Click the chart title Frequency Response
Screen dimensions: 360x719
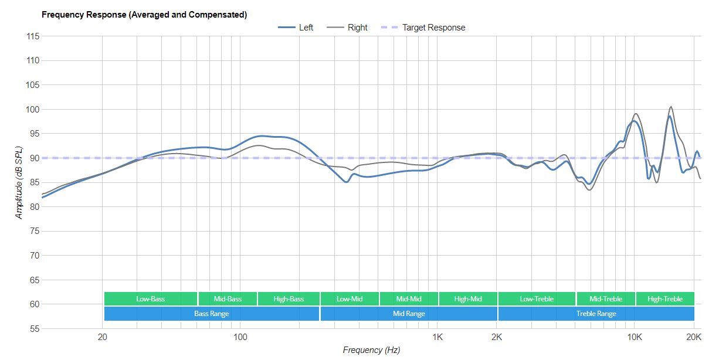pyautogui.click(x=144, y=15)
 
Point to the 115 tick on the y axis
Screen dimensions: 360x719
pyautogui.click(x=33, y=36)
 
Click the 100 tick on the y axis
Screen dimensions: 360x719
pyautogui.click(x=33, y=110)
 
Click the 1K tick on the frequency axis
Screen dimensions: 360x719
pyautogui.click(x=437, y=338)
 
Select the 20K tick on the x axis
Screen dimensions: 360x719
pyautogui.click(x=694, y=338)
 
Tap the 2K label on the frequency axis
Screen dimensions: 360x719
pyautogui.click(x=497, y=338)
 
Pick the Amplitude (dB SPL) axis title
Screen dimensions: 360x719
pyautogui.click(x=19, y=183)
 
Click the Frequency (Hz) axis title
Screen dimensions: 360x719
pyautogui.click(x=371, y=350)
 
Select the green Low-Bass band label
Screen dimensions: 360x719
pyautogui.click(x=151, y=299)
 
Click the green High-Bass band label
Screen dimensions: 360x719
pyautogui.click(x=289, y=299)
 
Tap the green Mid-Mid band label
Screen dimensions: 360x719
pyautogui.click(x=409, y=299)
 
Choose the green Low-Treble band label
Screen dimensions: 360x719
pyautogui.click(x=537, y=299)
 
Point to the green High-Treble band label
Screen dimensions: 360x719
pyautogui.click(x=665, y=299)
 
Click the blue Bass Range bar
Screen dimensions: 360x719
pyautogui.click(x=212, y=314)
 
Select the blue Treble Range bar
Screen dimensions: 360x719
pyautogui.click(x=596, y=314)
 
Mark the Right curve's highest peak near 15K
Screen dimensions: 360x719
pyautogui.click(x=671, y=107)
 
